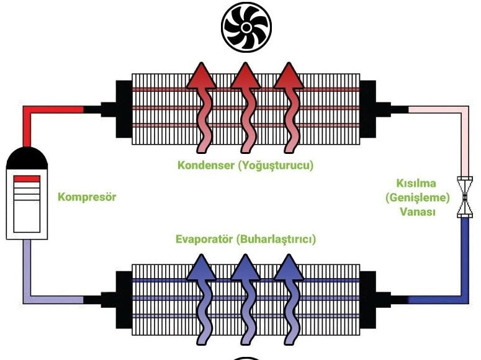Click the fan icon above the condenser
coord(246,29)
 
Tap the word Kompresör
coord(87,198)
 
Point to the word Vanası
coord(417,212)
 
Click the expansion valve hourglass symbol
coord(464,197)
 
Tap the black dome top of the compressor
coord(27,160)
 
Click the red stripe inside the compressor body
coord(27,179)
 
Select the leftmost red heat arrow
coord(202,106)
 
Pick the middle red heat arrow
coord(245,106)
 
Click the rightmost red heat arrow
coord(288,106)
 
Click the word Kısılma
coord(417,184)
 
